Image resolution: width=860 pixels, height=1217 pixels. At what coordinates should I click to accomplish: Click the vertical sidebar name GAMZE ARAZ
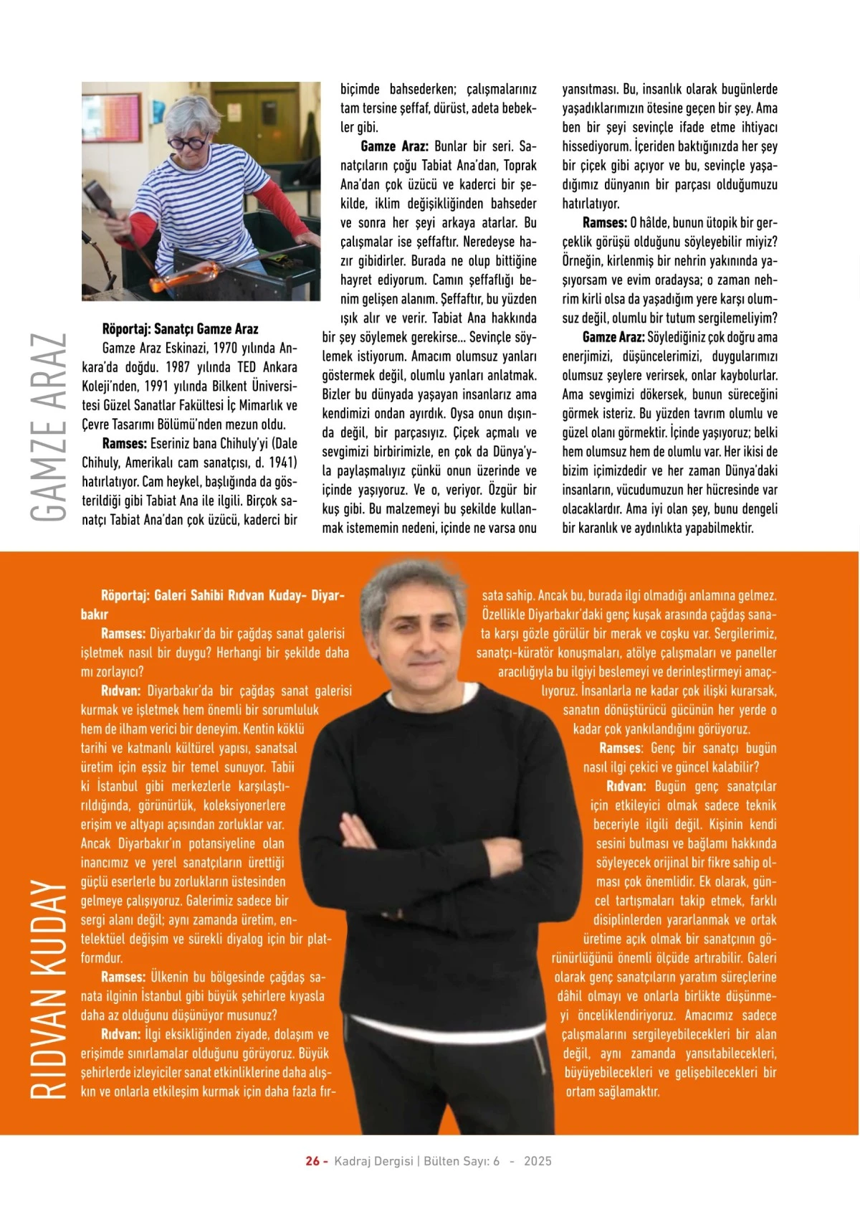pos(49,427)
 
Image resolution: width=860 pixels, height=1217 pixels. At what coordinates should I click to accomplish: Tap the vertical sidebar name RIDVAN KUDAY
pos(49,990)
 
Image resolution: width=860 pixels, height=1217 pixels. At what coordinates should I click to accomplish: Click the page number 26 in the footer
pos(312,1161)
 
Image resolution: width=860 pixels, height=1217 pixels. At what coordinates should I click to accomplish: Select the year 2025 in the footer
pos(537,1161)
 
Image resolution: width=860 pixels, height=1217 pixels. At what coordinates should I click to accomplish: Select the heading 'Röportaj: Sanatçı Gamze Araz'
pos(180,329)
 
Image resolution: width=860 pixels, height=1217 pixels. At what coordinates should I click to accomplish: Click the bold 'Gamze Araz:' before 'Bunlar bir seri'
pos(394,146)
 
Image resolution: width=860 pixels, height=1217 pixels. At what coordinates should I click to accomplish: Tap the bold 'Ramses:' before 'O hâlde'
pos(604,223)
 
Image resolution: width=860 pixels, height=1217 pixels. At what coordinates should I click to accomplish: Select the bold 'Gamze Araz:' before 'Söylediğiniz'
pos(613,337)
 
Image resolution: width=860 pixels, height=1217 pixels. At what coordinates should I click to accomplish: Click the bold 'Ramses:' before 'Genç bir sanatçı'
pos(621,748)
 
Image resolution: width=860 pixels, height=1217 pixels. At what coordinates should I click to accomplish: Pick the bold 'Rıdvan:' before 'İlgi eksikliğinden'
pos(120,1034)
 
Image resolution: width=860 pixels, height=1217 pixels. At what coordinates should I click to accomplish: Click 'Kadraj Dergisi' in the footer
pos(373,1161)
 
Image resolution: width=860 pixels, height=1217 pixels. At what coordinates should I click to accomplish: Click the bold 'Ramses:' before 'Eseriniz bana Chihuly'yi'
pos(124,444)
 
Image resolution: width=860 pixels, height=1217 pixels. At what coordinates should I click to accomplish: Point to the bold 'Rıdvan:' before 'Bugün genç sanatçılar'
pos(626,786)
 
